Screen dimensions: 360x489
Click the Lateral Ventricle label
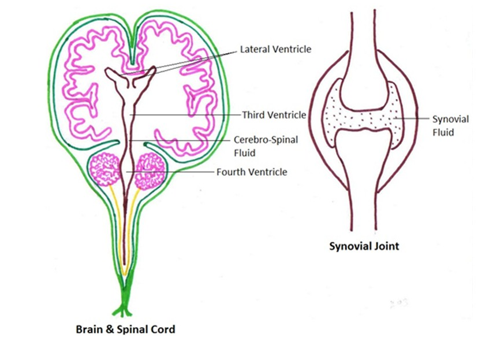point(275,49)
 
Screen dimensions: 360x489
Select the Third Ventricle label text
point(274,115)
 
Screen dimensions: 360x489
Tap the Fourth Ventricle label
point(251,172)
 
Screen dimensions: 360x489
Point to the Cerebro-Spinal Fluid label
point(257,145)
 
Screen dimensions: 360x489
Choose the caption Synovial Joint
point(364,246)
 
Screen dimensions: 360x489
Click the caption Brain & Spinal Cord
point(125,330)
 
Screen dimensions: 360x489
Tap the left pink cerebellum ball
point(106,170)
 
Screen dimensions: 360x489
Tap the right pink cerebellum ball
point(150,170)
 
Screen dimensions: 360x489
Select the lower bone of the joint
point(364,185)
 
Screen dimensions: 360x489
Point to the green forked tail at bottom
point(122,310)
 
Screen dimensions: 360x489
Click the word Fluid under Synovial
point(443,132)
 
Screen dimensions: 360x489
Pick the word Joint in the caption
point(387,246)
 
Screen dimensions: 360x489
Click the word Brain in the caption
point(88,330)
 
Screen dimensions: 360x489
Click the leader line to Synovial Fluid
point(413,119)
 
